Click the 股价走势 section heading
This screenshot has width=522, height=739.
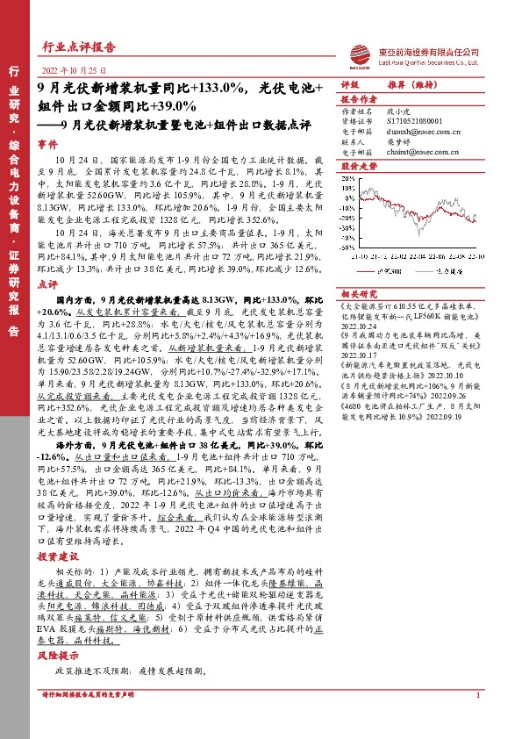pos(357,165)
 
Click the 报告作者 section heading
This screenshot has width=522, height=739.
pos(357,100)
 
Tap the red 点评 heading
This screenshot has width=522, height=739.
pos(47,285)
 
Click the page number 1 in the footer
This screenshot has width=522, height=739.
pos(477,720)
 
